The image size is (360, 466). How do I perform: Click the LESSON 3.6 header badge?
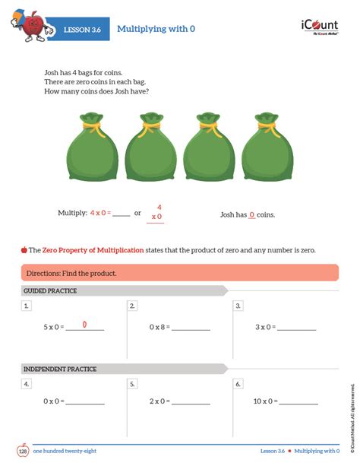(81, 29)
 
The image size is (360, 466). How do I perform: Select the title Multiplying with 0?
(156, 29)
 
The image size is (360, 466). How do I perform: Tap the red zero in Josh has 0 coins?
(251, 215)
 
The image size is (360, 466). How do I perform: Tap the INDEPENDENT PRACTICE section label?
(60, 369)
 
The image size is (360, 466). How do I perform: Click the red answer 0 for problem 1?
(84, 325)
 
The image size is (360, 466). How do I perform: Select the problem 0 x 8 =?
(159, 327)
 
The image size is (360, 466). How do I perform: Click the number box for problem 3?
(238, 306)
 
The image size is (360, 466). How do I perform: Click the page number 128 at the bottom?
(23, 451)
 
